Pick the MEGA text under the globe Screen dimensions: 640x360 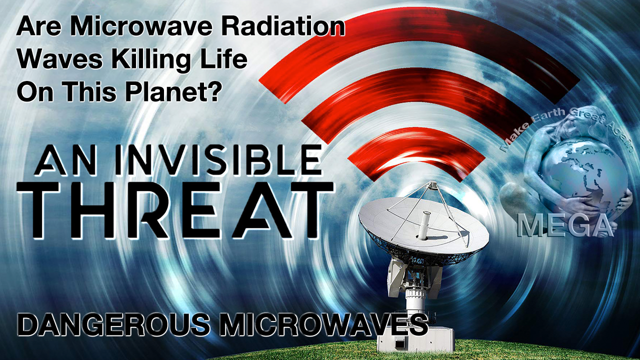[x=565, y=225]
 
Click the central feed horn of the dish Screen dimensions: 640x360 [x=423, y=225]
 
